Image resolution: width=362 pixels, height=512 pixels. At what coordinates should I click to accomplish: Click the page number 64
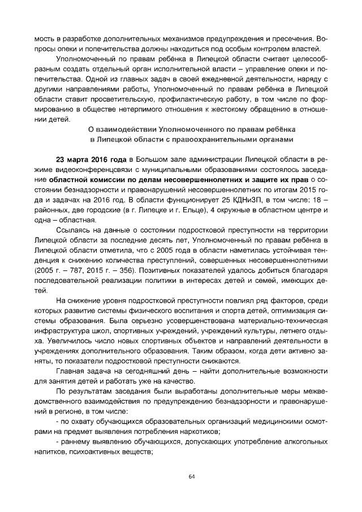pyautogui.click(x=191, y=476)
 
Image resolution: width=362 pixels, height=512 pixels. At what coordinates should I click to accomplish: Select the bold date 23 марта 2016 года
pyautogui.click(x=90, y=157)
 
